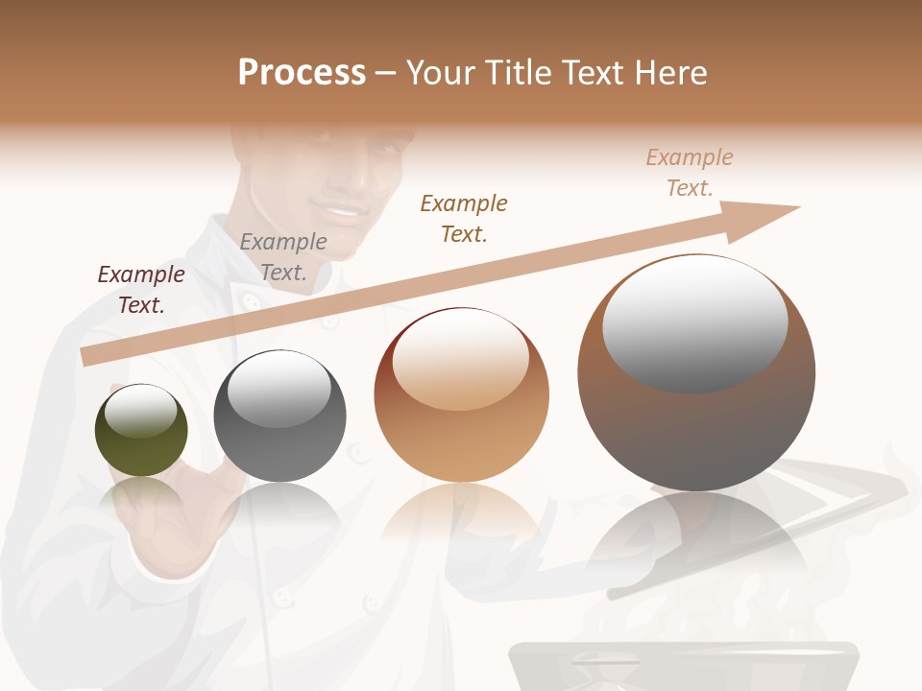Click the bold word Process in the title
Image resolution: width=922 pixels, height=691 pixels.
[x=302, y=73]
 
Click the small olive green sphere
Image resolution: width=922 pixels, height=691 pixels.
[x=141, y=431]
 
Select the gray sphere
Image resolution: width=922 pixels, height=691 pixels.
[x=279, y=416]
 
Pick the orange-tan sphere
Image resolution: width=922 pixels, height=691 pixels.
[x=461, y=395]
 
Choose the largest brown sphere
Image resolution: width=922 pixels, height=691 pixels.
[x=696, y=372]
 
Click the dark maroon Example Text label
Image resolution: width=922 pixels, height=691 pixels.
[x=141, y=290]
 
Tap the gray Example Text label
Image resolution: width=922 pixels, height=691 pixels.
[x=283, y=257]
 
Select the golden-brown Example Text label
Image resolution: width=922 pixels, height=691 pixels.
[x=464, y=218]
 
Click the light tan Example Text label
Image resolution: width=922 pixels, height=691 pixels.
[x=690, y=172]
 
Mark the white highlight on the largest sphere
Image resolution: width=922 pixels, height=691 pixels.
[x=694, y=324]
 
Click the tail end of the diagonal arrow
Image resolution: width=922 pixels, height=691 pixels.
[x=88, y=356]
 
